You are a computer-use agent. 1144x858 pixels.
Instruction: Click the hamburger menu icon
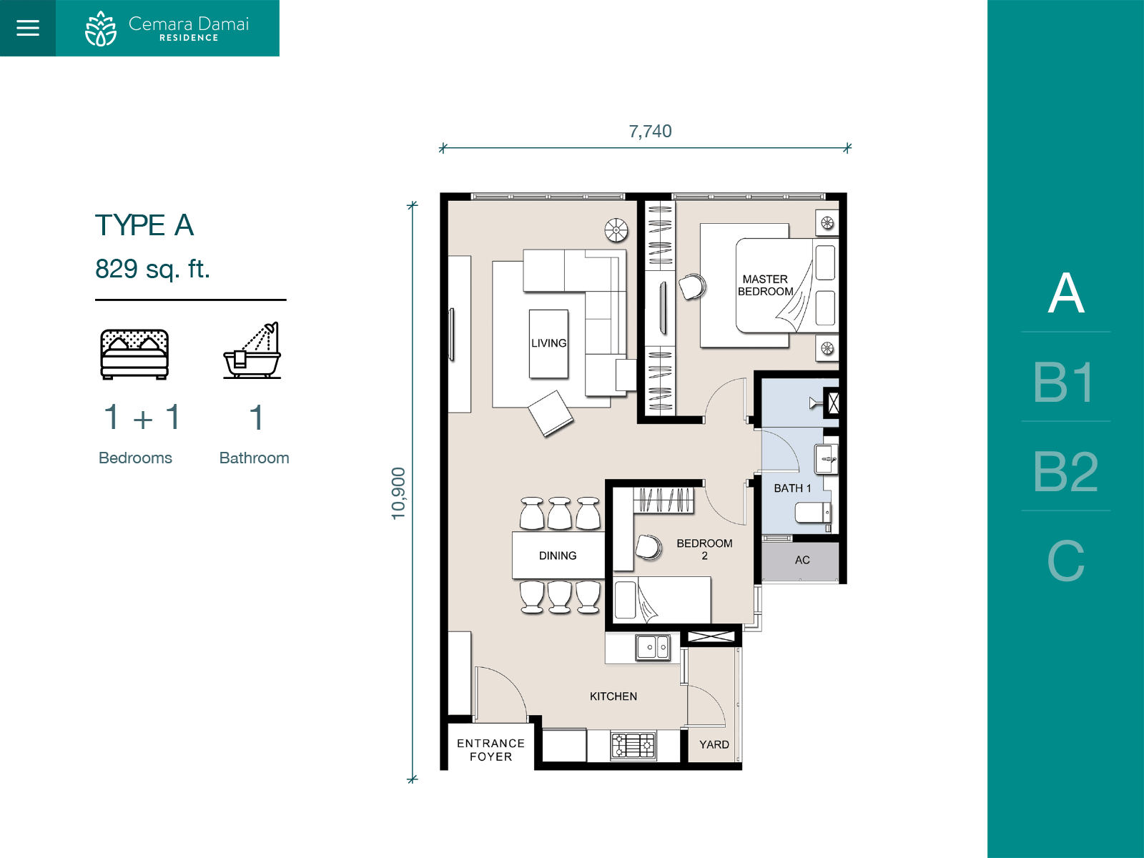click(28, 28)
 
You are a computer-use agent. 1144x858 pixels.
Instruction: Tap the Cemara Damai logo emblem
click(101, 29)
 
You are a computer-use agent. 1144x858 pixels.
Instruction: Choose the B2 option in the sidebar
click(1065, 471)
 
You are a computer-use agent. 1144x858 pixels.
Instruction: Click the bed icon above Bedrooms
click(134, 354)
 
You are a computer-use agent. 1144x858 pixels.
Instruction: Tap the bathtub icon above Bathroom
click(252, 350)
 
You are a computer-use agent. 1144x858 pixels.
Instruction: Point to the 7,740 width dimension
click(650, 132)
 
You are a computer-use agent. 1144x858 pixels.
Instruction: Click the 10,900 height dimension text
click(398, 493)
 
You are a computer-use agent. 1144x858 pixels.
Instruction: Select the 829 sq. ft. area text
click(153, 269)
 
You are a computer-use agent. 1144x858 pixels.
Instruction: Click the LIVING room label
click(549, 343)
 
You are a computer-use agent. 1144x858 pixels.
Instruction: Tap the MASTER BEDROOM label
click(765, 285)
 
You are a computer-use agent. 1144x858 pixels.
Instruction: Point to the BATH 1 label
click(792, 488)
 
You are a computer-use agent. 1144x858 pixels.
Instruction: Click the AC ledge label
click(802, 560)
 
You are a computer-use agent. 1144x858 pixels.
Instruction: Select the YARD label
click(714, 744)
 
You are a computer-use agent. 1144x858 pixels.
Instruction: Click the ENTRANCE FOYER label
click(490, 750)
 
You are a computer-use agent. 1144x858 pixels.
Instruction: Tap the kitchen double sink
click(653, 648)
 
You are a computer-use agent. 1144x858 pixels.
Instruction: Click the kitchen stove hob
click(633, 746)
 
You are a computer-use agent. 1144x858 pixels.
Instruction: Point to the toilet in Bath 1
click(813, 513)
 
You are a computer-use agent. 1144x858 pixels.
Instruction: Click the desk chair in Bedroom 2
click(649, 547)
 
